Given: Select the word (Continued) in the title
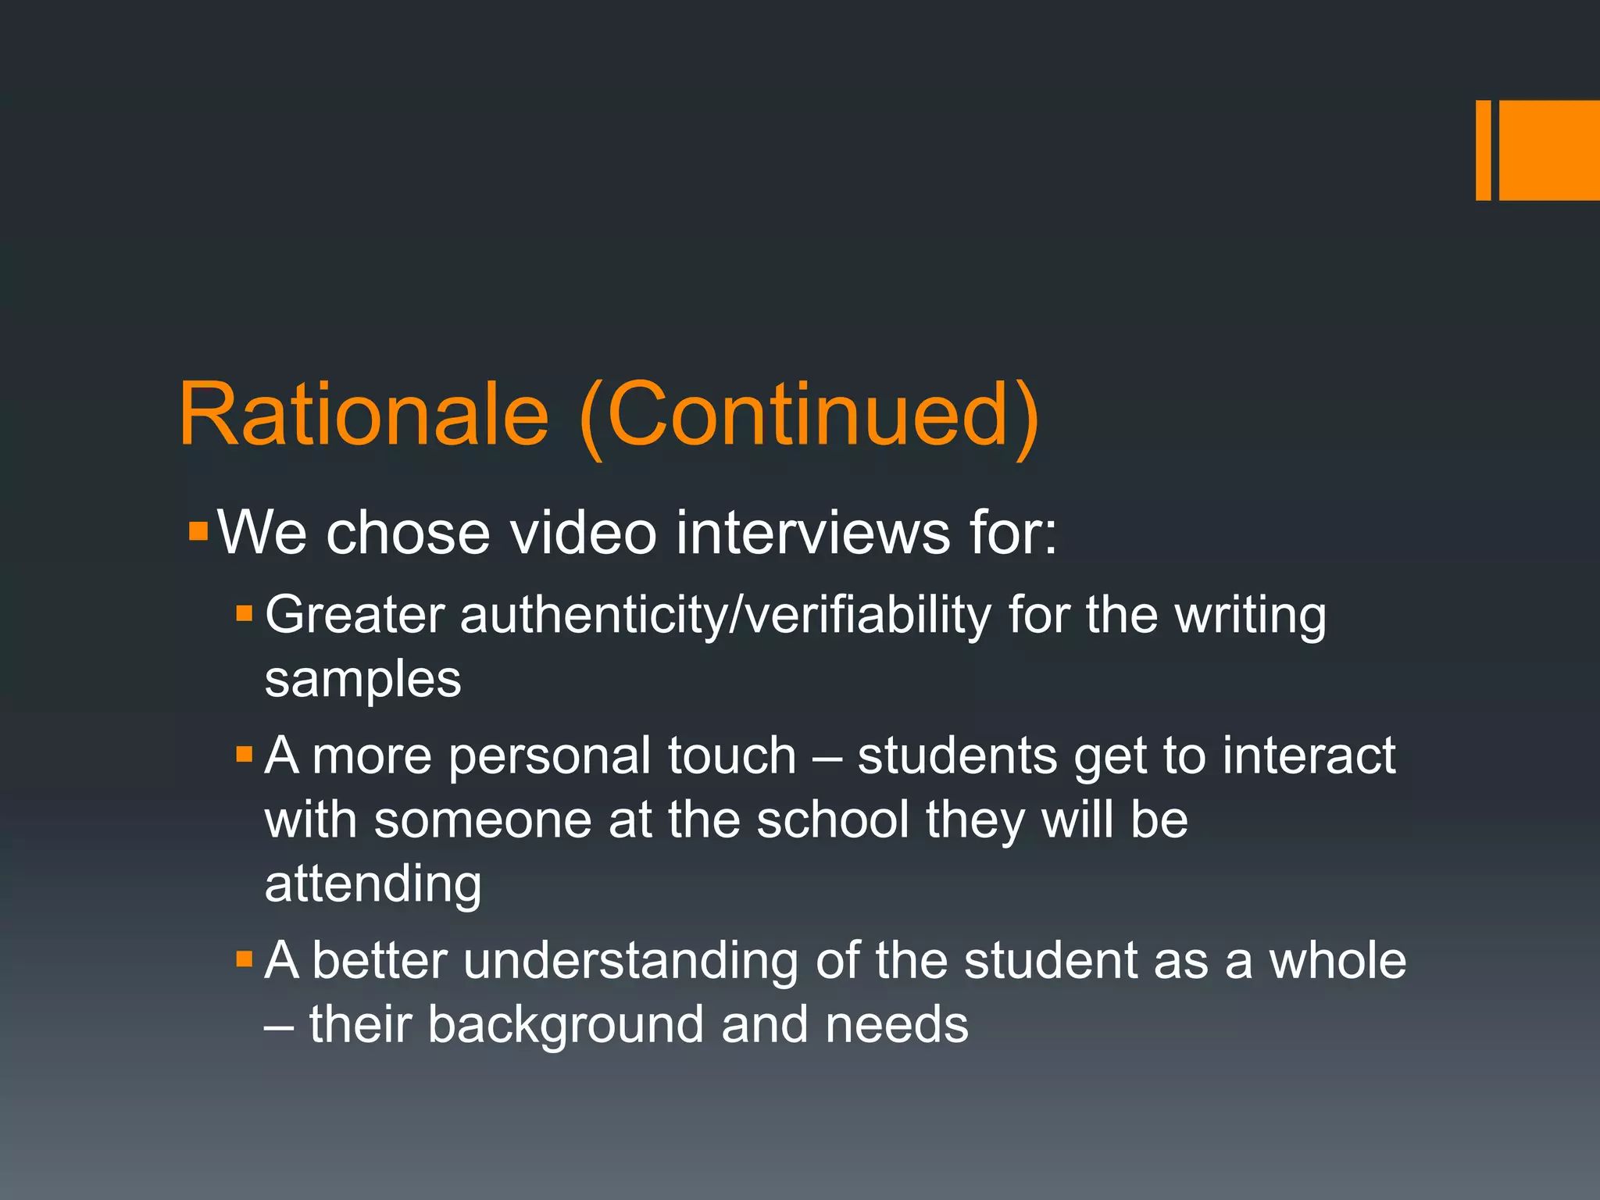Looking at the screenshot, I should pos(809,416).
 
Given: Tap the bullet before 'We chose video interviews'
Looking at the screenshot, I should pos(198,533).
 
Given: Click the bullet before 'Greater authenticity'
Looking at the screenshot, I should pos(245,613).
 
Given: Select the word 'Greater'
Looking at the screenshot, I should pos(355,615).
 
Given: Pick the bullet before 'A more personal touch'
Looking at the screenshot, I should pos(245,755).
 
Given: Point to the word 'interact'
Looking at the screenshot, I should pos(1309,755).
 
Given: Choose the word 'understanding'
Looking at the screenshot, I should pos(630,961).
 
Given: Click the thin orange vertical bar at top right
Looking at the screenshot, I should pos(1483,150).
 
